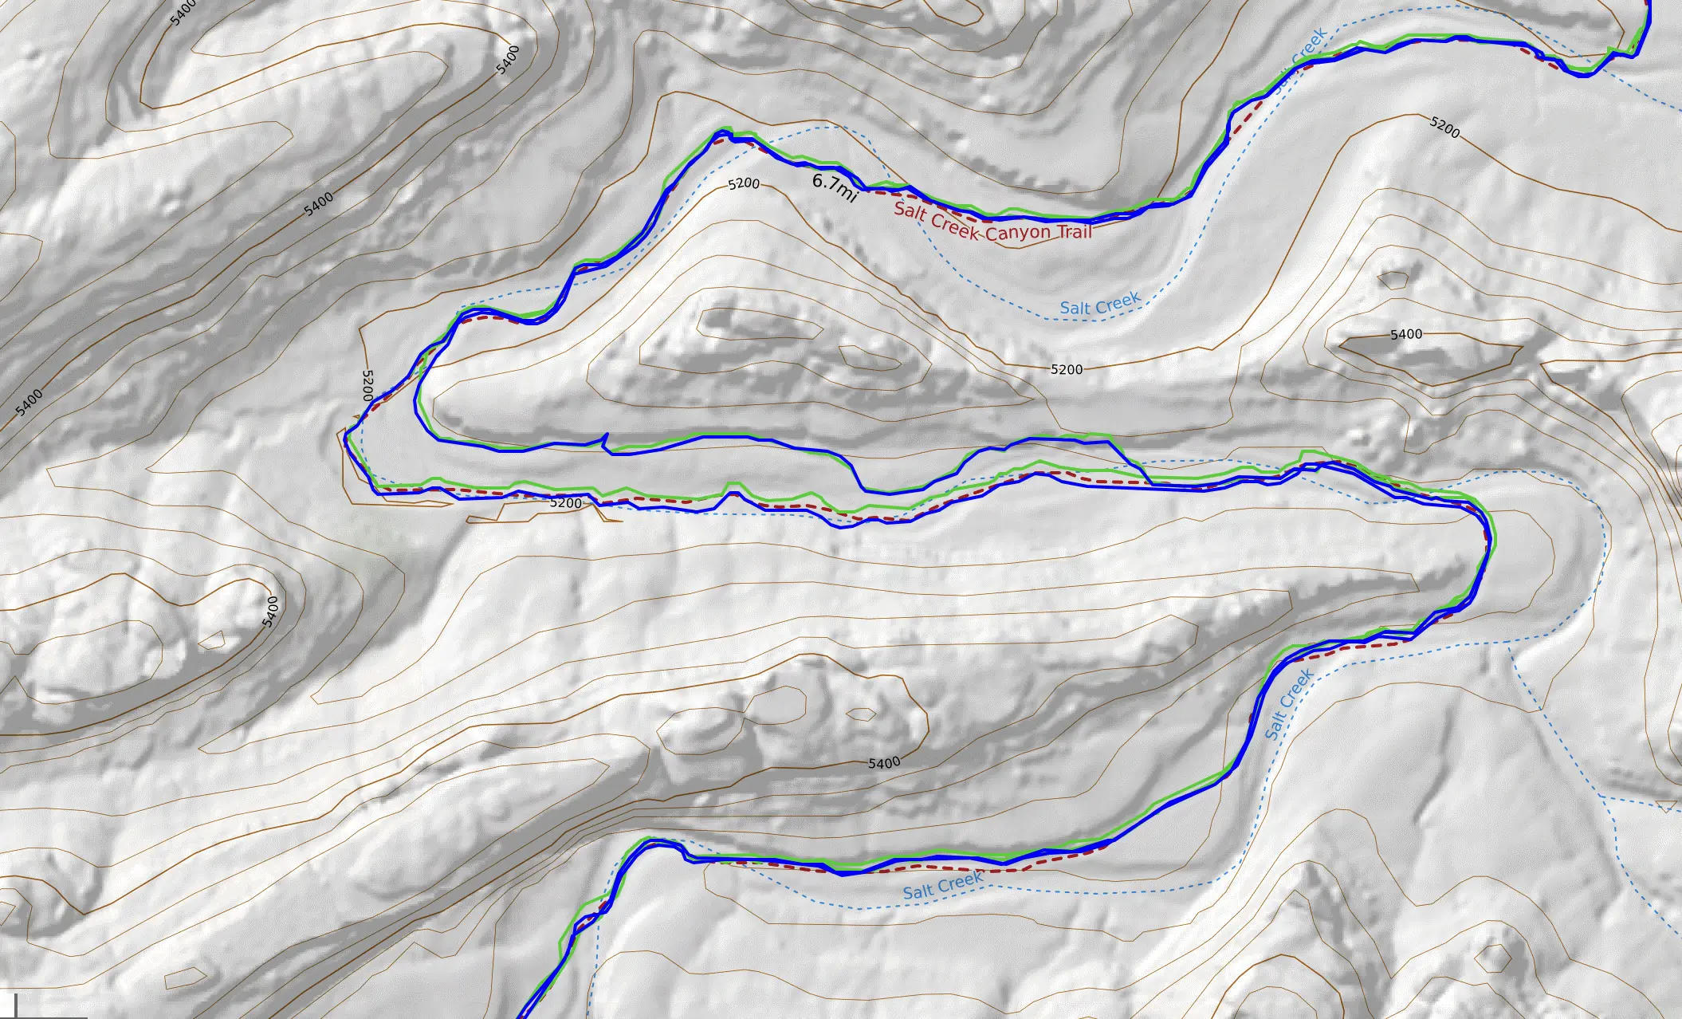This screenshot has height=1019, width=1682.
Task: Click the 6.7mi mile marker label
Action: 834,187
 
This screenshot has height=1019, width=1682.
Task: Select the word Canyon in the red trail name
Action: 1019,234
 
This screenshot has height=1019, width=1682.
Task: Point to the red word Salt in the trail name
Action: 910,211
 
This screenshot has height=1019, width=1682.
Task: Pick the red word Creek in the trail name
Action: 953,224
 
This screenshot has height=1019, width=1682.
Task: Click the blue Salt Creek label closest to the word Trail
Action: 1100,304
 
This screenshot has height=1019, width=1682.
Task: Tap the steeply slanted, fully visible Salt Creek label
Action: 1288,704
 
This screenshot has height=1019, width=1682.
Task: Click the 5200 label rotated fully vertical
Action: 367,385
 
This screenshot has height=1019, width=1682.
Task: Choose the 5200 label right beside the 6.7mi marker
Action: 744,184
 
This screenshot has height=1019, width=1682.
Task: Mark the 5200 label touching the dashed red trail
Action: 565,503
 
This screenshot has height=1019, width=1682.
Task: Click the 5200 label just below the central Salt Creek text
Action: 1067,369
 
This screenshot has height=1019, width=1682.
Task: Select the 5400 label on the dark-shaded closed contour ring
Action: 1405,334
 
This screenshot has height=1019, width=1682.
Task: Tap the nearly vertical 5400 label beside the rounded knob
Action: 271,612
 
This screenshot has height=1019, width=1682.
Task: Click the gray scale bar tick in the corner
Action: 15,1006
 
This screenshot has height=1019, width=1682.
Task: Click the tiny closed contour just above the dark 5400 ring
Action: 1393,280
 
